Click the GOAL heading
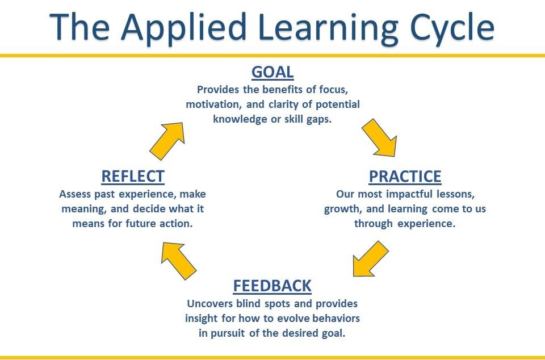272,73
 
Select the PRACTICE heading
405,177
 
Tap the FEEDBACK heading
272,286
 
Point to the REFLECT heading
133,177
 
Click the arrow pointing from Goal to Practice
380,137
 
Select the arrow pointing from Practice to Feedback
370,258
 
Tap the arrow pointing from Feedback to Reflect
178,260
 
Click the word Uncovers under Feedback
208,304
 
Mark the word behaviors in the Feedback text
337,318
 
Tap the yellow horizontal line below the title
272,56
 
